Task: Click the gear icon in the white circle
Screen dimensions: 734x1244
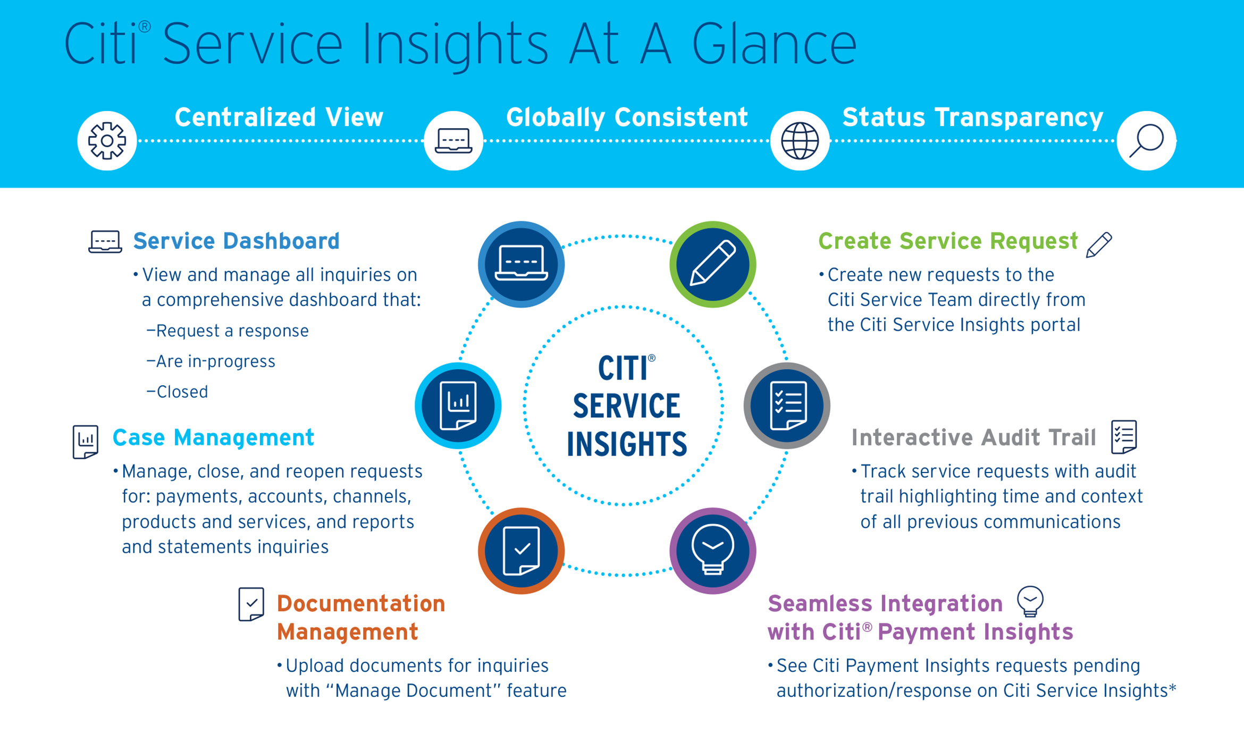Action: click(107, 141)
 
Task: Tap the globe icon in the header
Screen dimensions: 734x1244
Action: click(800, 141)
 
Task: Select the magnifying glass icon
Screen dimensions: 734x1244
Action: click(1146, 141)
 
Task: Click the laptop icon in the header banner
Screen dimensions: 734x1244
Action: click(453, 141)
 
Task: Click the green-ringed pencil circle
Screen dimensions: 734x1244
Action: click(712, 264)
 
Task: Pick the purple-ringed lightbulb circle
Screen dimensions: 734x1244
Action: click(712, 551)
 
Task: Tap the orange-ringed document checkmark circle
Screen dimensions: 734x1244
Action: click(521, 551)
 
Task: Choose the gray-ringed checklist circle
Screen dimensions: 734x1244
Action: click(787, 406)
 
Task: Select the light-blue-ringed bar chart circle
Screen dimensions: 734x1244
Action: click(458, 406)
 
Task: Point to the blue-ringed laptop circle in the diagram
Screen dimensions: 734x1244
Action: click(521, 264)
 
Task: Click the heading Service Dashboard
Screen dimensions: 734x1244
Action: click(236, 241)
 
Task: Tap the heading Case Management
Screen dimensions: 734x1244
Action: click(213, 438)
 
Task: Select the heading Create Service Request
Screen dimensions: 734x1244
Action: click(948, 241)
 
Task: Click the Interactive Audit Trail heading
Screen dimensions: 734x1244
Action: click(973, 438)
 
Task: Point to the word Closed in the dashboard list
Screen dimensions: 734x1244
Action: click(182, 392)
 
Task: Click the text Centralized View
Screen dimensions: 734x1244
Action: click(279, 117)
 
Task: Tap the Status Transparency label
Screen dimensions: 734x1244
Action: click(973, 117)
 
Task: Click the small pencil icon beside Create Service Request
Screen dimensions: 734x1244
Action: click(1099, 245)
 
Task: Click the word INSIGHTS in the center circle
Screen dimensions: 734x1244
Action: click(626, 444)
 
